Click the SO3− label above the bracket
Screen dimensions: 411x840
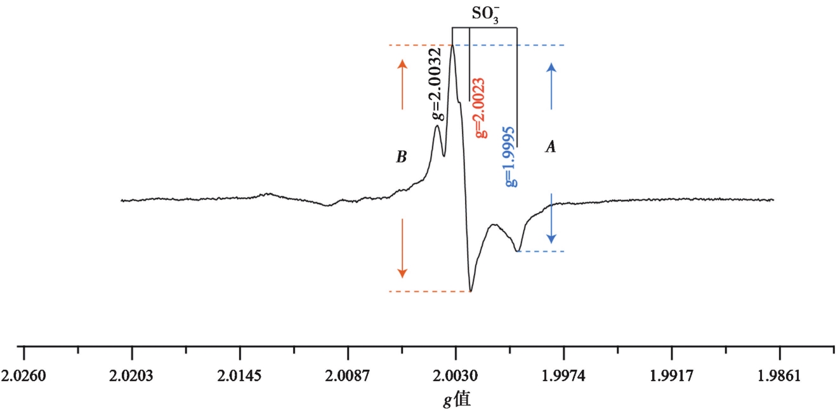pos(485,14)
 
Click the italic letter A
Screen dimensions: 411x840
pos(551,147)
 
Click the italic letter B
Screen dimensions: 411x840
pos(401,157)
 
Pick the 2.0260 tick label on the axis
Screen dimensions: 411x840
pos(23,376)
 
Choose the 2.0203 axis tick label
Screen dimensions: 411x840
pos(131,376)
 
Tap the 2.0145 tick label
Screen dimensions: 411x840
pos(239,376)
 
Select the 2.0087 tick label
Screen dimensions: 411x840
pos(348,376)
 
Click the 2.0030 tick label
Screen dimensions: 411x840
pos(456,376)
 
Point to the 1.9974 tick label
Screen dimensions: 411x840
pos(563,376)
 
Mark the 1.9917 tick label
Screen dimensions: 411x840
pos(672,376)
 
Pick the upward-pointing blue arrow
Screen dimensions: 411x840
pos(551,86)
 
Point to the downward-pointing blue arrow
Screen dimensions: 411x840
pos(551,218)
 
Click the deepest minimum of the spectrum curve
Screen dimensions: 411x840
pos(470,290)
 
